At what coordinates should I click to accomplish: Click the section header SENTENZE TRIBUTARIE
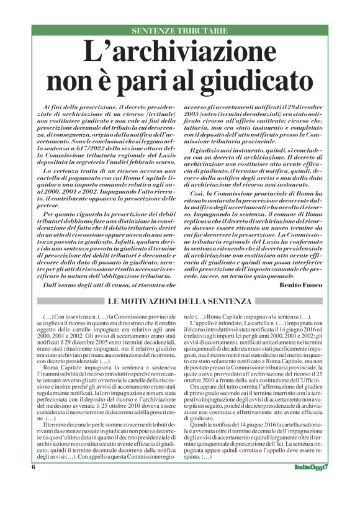[179, 30]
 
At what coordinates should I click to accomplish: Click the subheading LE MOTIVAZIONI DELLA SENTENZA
[181, 302]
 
